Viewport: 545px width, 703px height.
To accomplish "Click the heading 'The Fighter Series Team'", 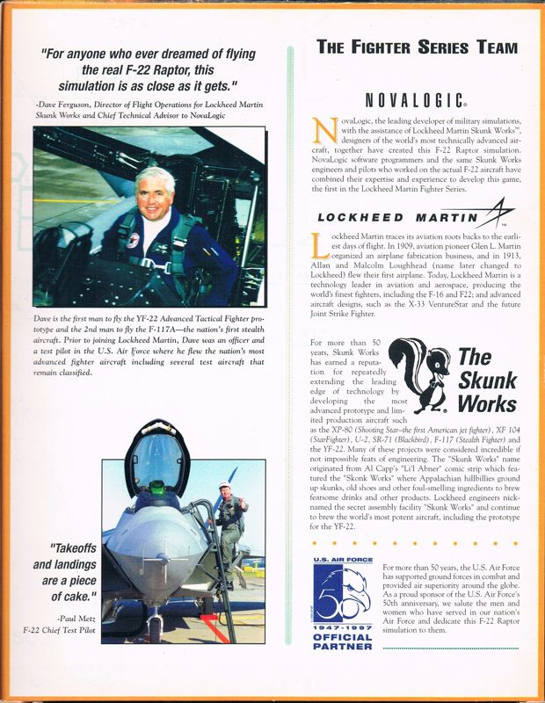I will (417, 47).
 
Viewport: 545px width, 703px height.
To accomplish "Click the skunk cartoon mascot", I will (420, 374).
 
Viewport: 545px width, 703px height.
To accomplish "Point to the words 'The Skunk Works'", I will (487, 380).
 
